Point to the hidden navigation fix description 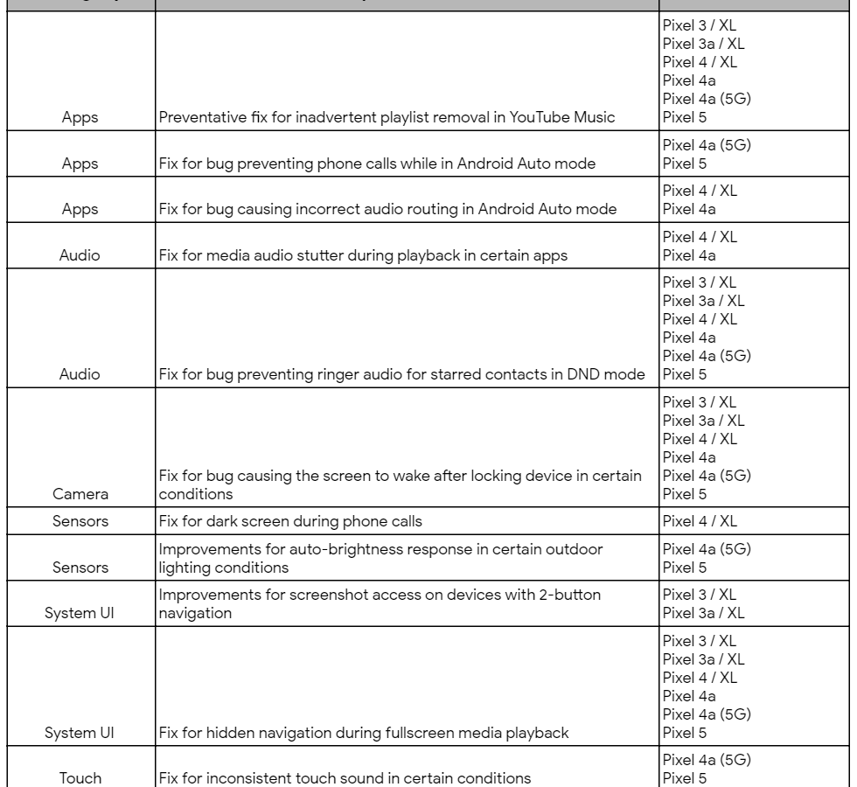point(365,733)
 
